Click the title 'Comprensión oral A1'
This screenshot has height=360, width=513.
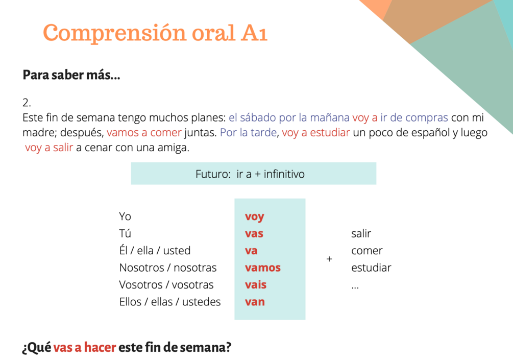pyautogui.click(x=155, y=33)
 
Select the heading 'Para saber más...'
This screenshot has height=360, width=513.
pyautogui.click(x=71, y=75)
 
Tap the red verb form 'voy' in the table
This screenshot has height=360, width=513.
pyautogui.click(x=255, y=217)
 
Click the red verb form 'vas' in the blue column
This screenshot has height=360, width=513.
pyautogui.click(x=254, y=233)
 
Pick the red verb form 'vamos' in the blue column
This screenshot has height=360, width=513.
pyautogui.click(x=263, y=268)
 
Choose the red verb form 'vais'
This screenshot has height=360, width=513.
pyautogui.click(x=256, y=284)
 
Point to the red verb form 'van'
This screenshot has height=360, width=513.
pyautogui.click(x=255, y=302)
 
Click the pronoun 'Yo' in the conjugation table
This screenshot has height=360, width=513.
pyautogui.click(x=125, y=217)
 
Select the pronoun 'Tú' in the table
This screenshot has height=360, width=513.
pyautogui.click(x=125, y=233)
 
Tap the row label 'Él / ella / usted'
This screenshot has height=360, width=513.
pyautogui.click(x=155, y=250)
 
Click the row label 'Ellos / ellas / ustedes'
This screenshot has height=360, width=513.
pyautogui.click(x=170, y=301)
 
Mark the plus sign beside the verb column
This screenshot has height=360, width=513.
pyautogui.click(x=329, y=259)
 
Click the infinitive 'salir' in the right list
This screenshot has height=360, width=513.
pyautogui.click(x=361, y=233)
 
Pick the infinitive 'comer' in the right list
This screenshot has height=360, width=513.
pyautogui.click(x=367, y=251)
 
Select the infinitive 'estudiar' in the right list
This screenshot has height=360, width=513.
pyautogui.click(x=371, y=268)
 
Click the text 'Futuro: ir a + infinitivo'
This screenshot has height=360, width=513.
pyautogui.click(x=250, y=174)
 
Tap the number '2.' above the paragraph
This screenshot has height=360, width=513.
pyautogui.click(x=27, y=103)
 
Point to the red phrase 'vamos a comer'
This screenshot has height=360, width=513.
pyautogui.click(x=144, y=133)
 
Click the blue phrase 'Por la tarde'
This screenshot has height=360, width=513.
pyautogui.click(x=248, y=133)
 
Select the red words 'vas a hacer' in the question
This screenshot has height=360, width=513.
pyautogui.click(x=85, y=347)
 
